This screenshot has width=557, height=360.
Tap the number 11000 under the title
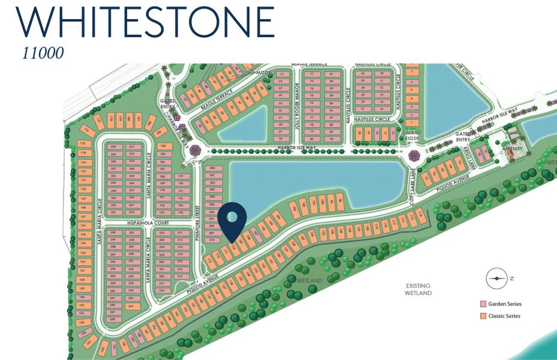coord(43,53)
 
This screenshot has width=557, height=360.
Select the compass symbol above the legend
coord(496,278)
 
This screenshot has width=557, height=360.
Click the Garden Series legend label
coord(505,304)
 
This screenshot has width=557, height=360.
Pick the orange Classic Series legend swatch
coord(483,316)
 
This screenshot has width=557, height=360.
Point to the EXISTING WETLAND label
coord(418,290)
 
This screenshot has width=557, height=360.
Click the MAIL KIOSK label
coord(411,135)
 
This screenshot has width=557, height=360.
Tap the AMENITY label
coord(512,148)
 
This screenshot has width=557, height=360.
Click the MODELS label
coord(264,73)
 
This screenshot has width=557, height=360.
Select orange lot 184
coord(162,146)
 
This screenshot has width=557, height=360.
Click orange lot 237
coord(129,305)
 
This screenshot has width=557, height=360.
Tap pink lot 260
coord(113,146)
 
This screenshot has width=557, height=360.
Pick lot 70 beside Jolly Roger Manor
coord(280,139)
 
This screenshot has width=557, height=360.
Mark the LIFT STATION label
coord(195,161)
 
